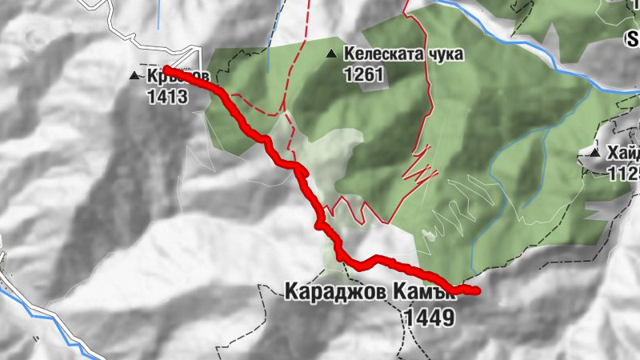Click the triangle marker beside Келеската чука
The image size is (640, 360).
tap(330, 54)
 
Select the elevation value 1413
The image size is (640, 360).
tap(167, 98)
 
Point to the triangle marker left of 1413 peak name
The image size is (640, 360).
tap(135, 77)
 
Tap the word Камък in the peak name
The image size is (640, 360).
tap(424, 293)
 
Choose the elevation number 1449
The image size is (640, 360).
tap(430, 318)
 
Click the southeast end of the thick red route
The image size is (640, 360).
tap(476, 290)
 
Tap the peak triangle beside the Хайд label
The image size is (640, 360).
tap(594, 152)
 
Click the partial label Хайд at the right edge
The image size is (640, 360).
tap(622, 152)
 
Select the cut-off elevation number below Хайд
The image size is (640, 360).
tap(623, 172)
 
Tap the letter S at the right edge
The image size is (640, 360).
tap(632, 38)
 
